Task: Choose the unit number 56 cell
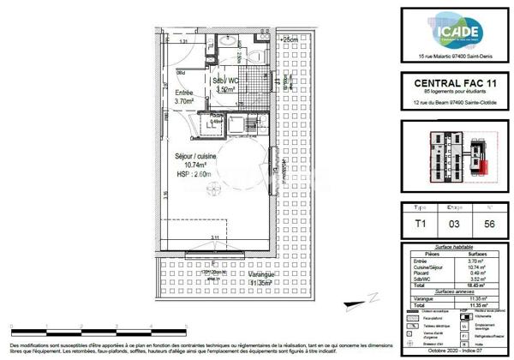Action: click(487, 224)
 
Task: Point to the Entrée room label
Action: click(184, 96)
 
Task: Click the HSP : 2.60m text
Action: click(195, 174)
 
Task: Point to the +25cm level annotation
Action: click(289, 39)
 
